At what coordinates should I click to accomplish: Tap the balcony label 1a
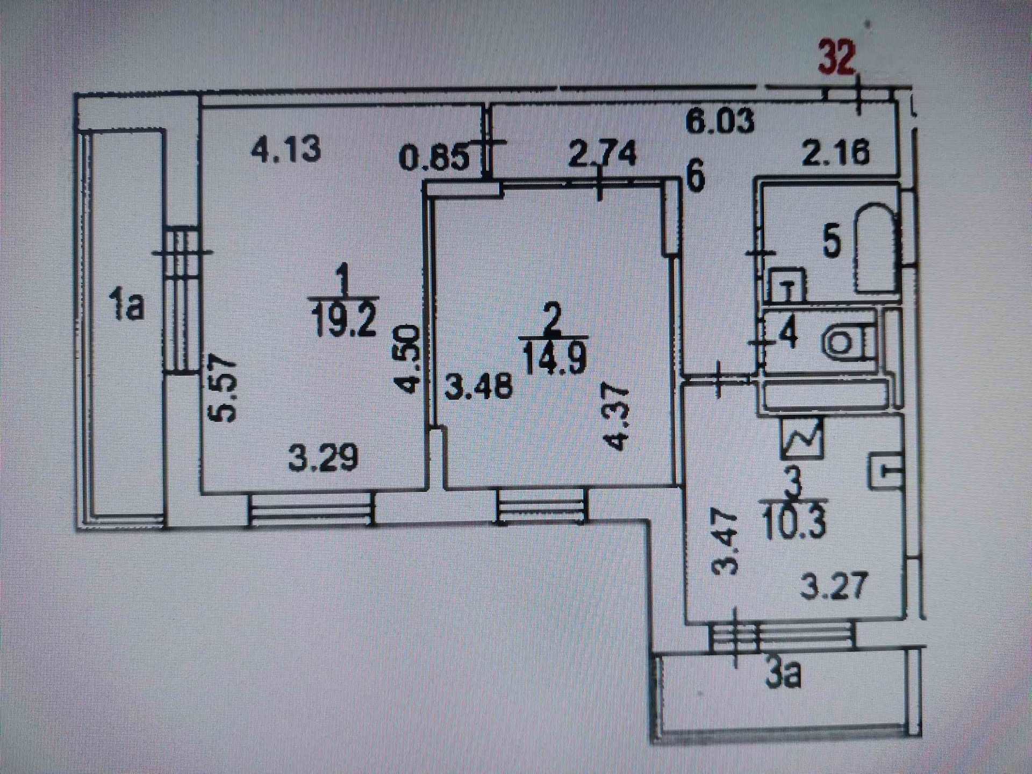[126, 304]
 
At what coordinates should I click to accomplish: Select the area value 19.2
[343, 320]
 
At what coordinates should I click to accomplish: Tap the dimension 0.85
[434, 159]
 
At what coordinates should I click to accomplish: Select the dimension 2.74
[602, 154]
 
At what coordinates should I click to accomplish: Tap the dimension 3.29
[323, 458]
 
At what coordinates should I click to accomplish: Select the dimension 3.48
[478, 386]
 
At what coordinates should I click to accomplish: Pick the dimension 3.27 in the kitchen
[834, 585]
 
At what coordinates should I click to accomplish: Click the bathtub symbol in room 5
[876, 247]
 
